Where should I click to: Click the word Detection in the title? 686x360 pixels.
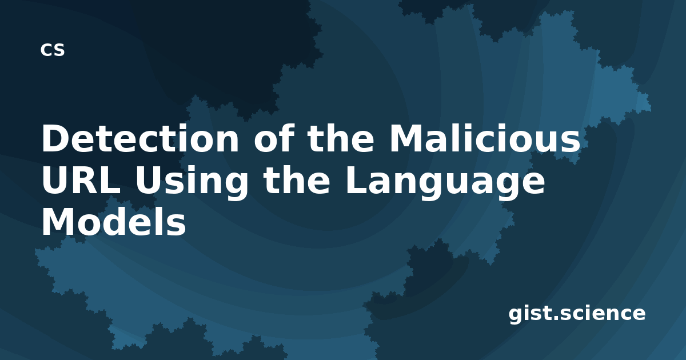tap(140, 138)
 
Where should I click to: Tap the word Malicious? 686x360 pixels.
tap(485, 138)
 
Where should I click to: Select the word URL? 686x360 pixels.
tap(81, 181)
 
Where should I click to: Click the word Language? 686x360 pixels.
tap(445, 183)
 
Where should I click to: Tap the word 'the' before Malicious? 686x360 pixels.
tap(341, 138)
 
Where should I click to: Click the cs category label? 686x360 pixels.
tap(53, 50)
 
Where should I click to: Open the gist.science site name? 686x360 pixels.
tap(577, 314)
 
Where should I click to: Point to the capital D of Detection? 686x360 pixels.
tap(55, 138)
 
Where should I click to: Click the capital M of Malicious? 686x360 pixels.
tap(407, 138)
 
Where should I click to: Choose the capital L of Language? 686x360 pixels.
tap(356, 180)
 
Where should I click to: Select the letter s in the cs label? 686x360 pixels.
tap(59, 50)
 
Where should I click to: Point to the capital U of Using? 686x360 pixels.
tap(149, 181)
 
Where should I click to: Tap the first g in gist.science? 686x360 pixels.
tap(516, 315)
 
